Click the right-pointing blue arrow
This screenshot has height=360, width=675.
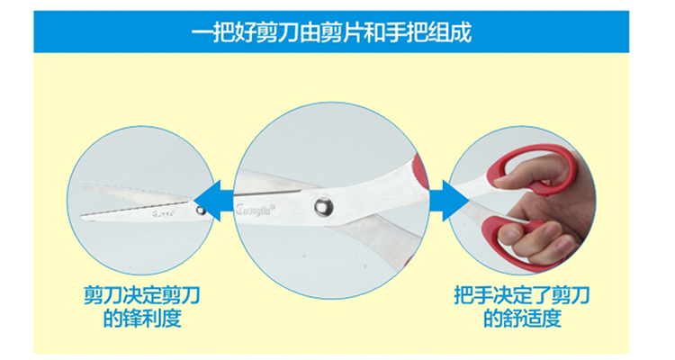pyautogui.click(x=449, y=201)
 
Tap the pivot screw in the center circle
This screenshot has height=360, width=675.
pyautogui.click(x=323, y=206)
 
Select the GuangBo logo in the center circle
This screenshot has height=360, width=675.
pyautogui.click(x=256, y=210)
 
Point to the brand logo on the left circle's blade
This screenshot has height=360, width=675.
pyautogui.click(x=165, y=213)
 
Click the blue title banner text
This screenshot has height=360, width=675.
pyautogui.click(x=331, y=32)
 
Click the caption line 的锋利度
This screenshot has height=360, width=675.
pyautogui.click(x=142, y=318)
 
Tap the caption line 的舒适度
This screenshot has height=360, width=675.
pyautogui.click(x=522, y=318)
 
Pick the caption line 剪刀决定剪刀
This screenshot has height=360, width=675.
pyautogui.click(x=142, y=295)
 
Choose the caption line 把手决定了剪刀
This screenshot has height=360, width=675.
pyautogui.click(x=522, y=295)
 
